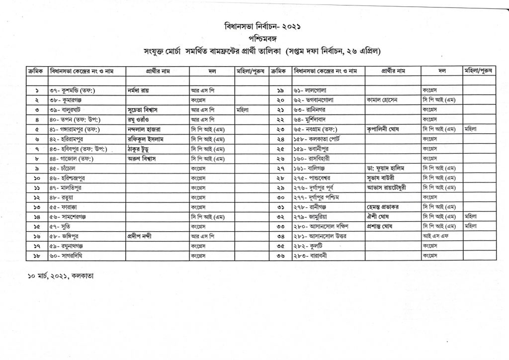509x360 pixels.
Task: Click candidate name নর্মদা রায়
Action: [x=139, y=91]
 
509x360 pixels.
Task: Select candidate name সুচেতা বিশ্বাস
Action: [x=146, y=109]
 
